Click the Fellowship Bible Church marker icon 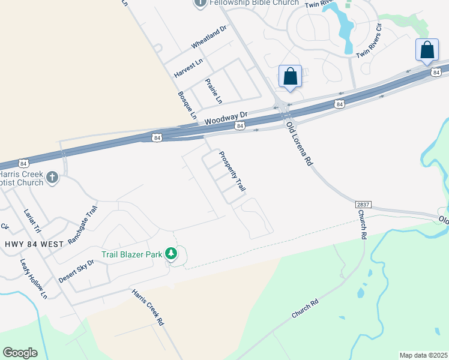point(200,3)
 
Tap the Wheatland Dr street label point(209,37)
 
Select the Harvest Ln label point(188,67)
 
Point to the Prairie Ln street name point(214,90)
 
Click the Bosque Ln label point(187,105)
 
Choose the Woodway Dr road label point(226,117)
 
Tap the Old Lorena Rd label point(300,143)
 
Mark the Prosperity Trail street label point(232,170)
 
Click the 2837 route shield point(363,204)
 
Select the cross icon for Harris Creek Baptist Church point(52,177)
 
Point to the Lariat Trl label point(32,220)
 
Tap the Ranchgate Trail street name point(82,225)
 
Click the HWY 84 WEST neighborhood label point(34,244)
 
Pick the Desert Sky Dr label point(76,271)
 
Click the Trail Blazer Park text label point(131,254)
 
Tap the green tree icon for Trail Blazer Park point(171,254)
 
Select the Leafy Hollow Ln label point(34,278)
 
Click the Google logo point(20,353)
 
